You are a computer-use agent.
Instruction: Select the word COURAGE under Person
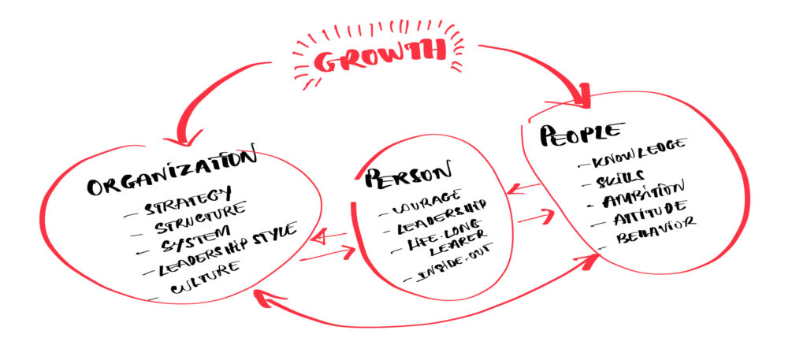pos(426,202)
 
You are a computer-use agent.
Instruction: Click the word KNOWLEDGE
pos(639,153)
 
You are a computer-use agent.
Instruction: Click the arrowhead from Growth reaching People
pos(582,97)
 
